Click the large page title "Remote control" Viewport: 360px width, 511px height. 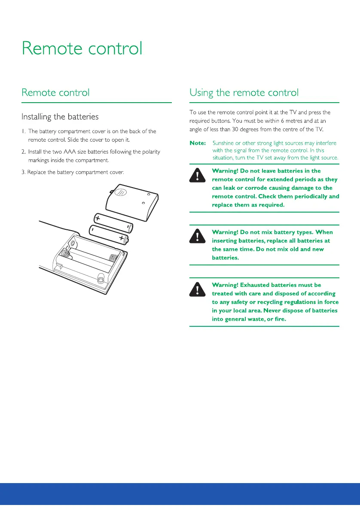tap(82, 48)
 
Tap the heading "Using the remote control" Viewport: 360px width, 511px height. tap(244, 92)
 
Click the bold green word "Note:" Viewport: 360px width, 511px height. tap(198, 143)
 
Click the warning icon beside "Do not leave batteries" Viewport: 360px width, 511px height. tap(197, 175)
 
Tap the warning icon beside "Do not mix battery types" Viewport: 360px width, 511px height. tap(197, 237)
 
